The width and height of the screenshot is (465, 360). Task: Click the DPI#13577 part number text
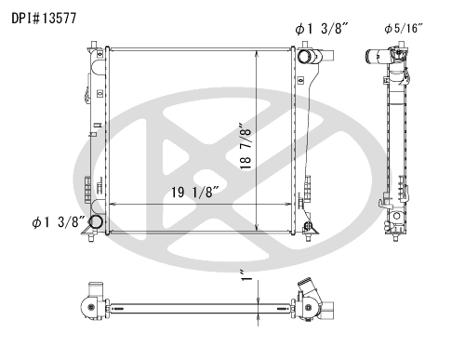tap(44, 19)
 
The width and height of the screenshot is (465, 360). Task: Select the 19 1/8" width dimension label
tap(195, 193)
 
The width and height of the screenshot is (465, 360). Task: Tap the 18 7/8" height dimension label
tap(246, 146)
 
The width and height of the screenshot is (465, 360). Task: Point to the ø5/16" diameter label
tap(404, 29)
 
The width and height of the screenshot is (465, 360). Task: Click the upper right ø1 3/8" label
tap(322, 29)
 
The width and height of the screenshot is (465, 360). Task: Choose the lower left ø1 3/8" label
tap(59, 222)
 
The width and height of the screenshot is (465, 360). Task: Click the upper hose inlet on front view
tap(304, 57)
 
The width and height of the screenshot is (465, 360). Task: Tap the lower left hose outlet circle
tap(96, 221)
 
